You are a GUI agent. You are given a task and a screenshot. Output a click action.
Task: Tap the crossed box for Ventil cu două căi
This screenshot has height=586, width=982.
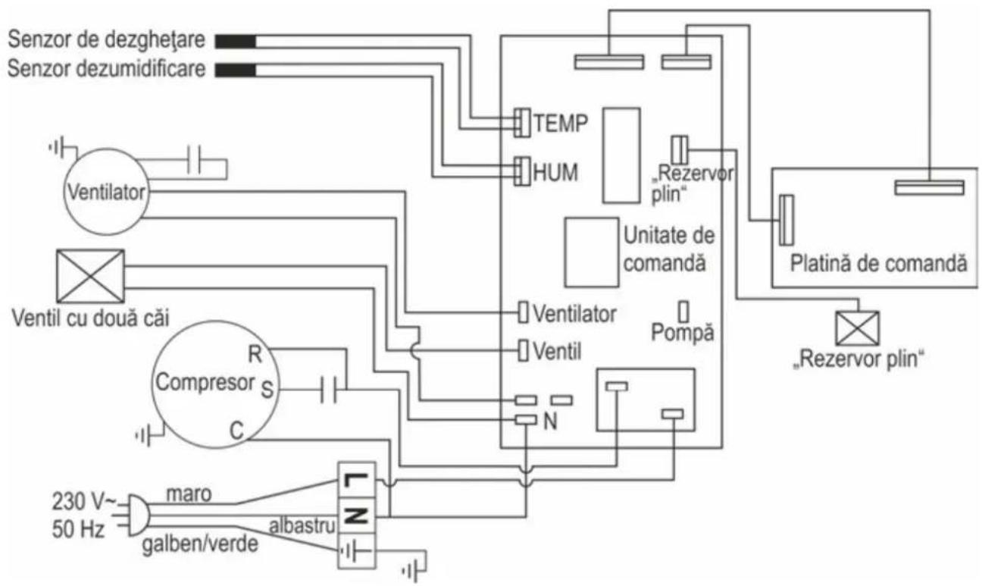(x=90, y=277)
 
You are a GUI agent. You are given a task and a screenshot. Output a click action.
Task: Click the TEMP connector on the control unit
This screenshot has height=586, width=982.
(x=521, y=123)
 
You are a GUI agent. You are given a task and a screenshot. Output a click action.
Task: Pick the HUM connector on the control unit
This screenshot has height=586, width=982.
(x=521, y=171)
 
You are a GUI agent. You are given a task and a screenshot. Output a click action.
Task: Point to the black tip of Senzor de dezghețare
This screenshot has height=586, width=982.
(x=236, y=42)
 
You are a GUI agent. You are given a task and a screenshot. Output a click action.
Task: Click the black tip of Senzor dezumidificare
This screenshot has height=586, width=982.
(x=236, y=71)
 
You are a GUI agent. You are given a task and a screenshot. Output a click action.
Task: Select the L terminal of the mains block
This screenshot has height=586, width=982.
(x=356, y=480)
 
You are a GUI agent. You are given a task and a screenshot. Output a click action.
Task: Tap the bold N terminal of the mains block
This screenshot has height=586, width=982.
(x=356, y=515)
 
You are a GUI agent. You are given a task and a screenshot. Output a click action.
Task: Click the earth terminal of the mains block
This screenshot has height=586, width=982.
(x=356, y=551)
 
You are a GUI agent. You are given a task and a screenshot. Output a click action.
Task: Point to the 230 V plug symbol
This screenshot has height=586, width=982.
(x=139, y=515)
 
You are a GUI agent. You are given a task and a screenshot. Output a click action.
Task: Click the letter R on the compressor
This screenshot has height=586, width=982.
(x=255, y=354)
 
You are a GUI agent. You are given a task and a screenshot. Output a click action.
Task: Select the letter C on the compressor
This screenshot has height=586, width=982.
(x=236, y=431)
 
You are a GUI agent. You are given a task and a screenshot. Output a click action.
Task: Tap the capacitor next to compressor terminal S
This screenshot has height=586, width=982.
(x=329, y=389)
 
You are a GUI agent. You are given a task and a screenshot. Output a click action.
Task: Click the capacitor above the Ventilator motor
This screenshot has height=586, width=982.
(x=194, y=159)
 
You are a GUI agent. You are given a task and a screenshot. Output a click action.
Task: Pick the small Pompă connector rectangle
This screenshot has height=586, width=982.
(x=683, y=312)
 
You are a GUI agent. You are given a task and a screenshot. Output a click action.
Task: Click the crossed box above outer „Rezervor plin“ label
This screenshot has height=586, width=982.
(x=857, y=328)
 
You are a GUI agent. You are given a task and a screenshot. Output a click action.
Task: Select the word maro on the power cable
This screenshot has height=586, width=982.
(x=189, y=494)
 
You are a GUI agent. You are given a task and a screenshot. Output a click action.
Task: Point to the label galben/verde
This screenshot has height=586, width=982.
(x=200, y=544)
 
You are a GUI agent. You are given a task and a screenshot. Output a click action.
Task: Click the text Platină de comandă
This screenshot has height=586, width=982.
(x=878, y=264)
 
